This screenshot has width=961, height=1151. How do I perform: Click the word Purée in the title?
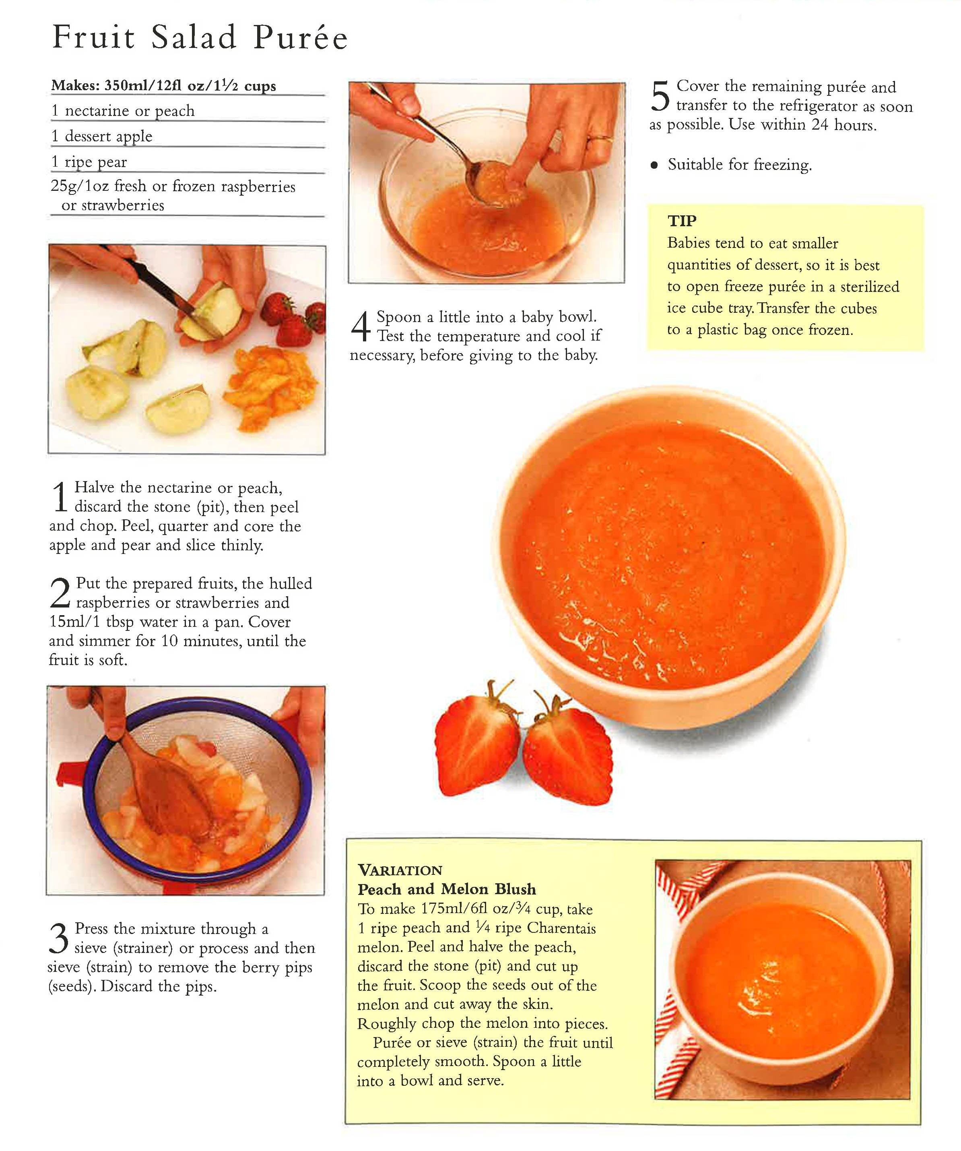tap(301, 37)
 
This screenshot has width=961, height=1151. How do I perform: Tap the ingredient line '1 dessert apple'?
tap(102, 136)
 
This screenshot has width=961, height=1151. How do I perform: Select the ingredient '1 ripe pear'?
tap(89, 162)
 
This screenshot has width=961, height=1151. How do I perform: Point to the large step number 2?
tap(60, 593)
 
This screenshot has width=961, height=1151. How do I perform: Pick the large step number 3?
tap(59, 938)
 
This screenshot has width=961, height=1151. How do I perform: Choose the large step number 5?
tap(660, 95)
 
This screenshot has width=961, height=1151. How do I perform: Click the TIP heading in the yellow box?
tap(682, 221)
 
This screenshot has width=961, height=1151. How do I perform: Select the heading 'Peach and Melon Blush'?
tap(447, 889)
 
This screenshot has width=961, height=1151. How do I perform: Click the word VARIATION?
tap(400, 870)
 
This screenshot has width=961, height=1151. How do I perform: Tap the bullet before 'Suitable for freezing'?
tap(654, 165)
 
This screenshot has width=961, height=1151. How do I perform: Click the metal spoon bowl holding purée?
tap(488, 184)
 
